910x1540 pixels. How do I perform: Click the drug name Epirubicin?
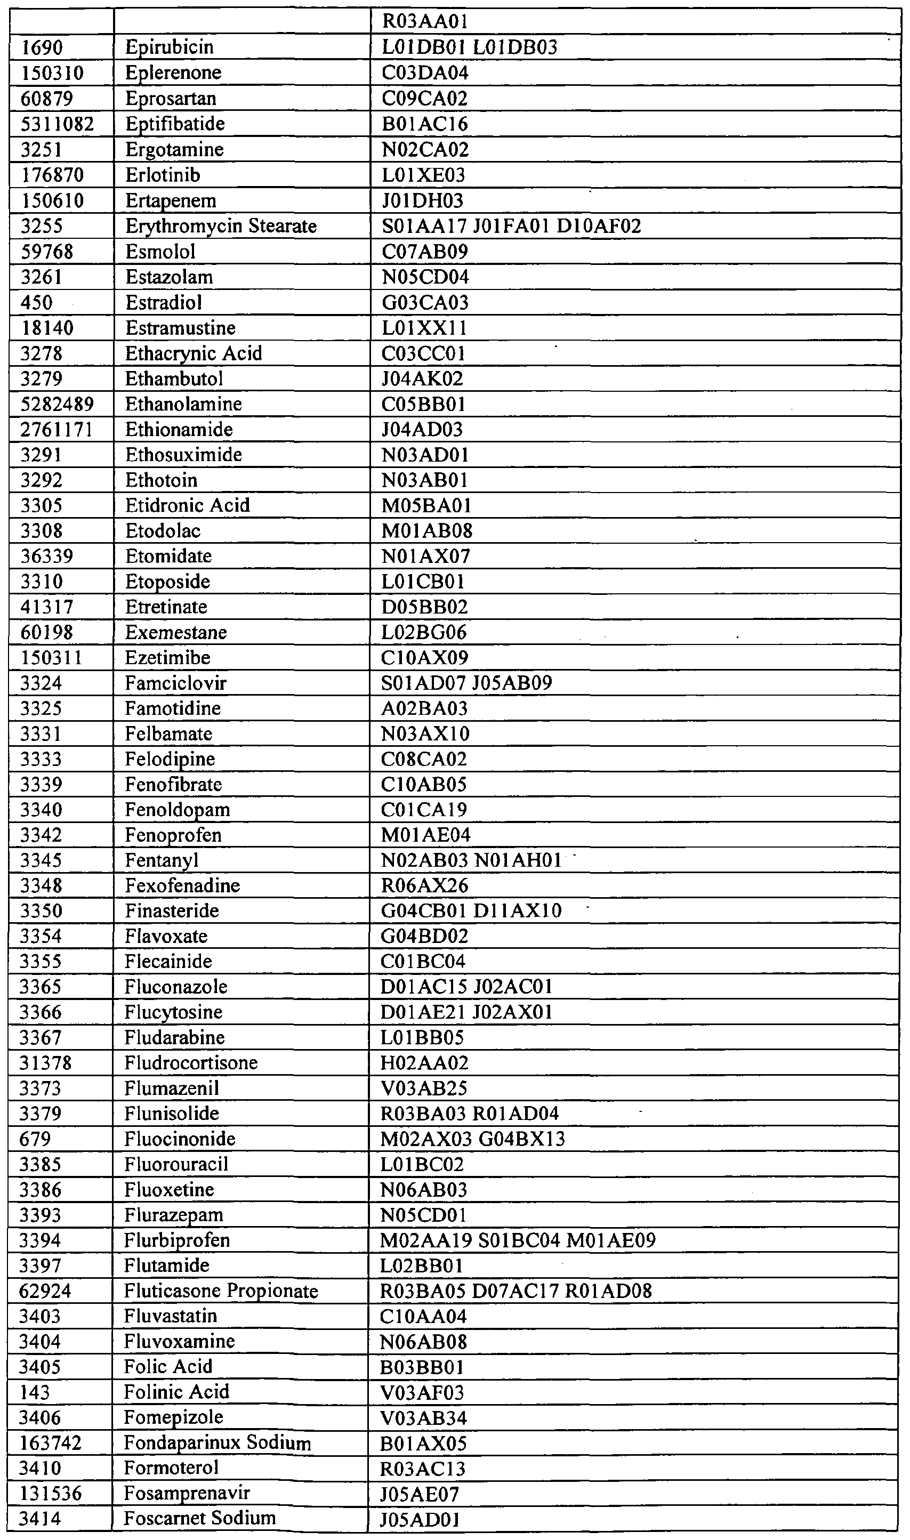coord(169,47)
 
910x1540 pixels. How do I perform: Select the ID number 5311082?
coord(57,124)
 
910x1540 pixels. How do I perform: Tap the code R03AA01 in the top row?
coord(425,22)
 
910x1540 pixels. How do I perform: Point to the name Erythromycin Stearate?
coord(221,226)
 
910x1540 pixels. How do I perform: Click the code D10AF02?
coord(599,226)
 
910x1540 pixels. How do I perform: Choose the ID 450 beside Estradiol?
coord(37,303)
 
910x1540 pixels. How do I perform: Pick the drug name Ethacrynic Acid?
coord(193,354)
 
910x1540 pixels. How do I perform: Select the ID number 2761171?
coord(57,430)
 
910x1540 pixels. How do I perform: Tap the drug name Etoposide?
coord(167,582)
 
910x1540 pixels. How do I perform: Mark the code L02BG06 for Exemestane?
coord(424,633)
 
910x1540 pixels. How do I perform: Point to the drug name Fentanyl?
coord(162,861)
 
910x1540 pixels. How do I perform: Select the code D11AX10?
coord(518,911)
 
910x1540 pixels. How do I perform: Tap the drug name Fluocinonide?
coord(180,1139)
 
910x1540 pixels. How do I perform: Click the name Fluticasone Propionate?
coord(221,1291)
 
